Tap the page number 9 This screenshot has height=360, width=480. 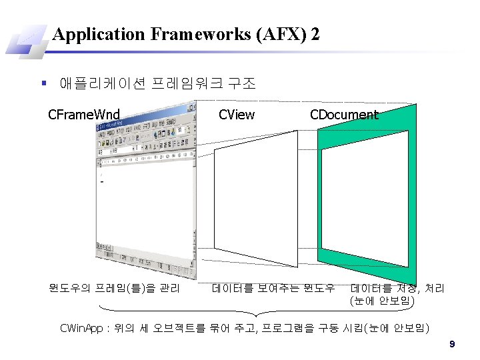pyautogui.click(x=452, y=344)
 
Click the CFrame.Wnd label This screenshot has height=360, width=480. pyautogui.click(x=84, y=115)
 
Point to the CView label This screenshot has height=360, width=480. pyautogui.click(x=237, y=115)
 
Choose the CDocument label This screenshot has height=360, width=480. pyautogui.click(x=344, y=115)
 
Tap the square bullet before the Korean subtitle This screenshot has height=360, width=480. pyautogui.click(x=43, y=84)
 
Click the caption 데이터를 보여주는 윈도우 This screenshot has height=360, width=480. pyautogui.click(x=273, y=289)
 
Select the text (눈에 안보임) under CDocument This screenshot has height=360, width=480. pyautogui.click(x=382, y=301)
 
